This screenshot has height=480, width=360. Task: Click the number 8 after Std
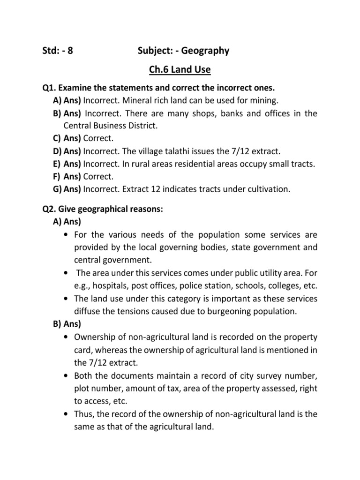tap(70, 51)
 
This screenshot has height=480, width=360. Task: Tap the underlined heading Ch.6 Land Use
tap(180, 70)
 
